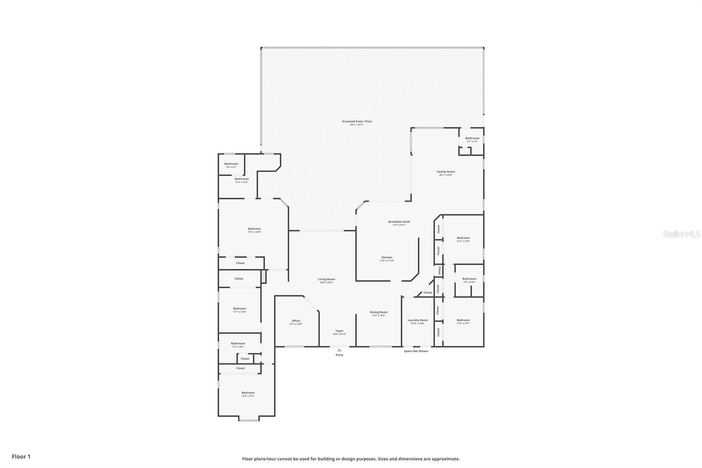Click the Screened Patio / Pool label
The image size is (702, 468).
[357, 122]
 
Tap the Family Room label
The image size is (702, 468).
[445, 172]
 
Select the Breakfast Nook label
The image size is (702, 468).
[399, 222]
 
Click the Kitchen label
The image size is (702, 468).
[387, 258]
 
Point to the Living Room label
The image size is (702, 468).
[326, 280]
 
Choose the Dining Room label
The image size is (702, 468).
[378, 313]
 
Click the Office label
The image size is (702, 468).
[296, 321]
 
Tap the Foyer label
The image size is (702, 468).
[339, 331]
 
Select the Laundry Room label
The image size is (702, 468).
[417, 320]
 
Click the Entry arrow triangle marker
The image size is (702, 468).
[339, 350]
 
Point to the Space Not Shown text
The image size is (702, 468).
[416, 351]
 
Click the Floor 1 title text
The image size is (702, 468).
[21, 457]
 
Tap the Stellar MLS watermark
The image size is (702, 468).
[681, 234]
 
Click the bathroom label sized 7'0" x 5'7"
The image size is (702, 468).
[231, 164]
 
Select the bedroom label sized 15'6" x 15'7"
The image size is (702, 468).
[247, 393]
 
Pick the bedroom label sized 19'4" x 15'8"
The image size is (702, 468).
[254, 229]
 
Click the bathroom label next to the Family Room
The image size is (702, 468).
[472, 139]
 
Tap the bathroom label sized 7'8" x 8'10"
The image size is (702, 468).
[469, 279]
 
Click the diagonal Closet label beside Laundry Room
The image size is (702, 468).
[427, 292]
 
